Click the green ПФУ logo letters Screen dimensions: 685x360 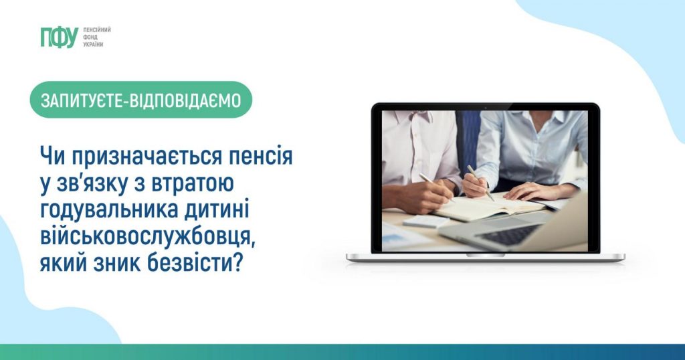click(x=60, y=37)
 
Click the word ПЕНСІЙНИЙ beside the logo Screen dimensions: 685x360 click(x=96, y=29)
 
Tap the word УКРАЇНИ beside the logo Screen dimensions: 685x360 click(x=93, y=45)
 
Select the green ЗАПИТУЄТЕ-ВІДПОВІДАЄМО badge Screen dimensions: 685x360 click(x=140, y=100)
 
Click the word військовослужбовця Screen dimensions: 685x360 click(x=146, y=237)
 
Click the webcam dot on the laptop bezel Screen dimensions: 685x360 click(x=486, y=108)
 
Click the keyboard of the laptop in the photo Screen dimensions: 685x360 click(x=508, y=235)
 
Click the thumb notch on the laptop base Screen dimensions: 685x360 click(x=486, y=255)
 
